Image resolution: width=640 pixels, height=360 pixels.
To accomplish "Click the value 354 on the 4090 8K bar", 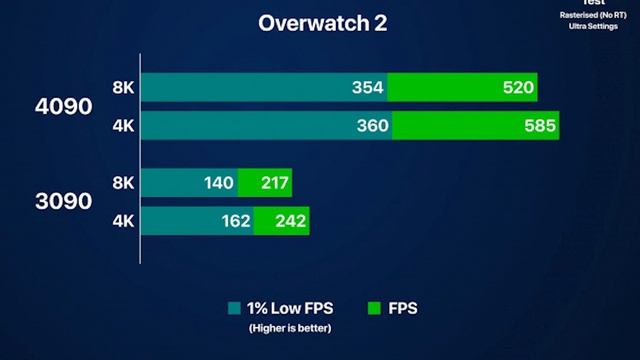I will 368,88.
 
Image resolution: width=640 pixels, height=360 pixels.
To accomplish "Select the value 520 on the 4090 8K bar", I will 518,88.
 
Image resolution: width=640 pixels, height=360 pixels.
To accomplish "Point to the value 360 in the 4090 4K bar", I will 372,126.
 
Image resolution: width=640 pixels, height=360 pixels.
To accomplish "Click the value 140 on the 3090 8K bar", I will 218,183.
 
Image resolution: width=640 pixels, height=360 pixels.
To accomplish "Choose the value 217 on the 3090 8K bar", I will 273,183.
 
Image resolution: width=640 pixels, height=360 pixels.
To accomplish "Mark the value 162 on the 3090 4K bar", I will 235,221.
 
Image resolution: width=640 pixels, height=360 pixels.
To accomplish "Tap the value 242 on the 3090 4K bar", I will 290,221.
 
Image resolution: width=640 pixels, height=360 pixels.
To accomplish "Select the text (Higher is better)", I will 290,328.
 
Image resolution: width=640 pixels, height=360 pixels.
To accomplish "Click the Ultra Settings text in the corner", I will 594,27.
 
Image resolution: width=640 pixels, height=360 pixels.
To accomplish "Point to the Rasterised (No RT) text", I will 594,15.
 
